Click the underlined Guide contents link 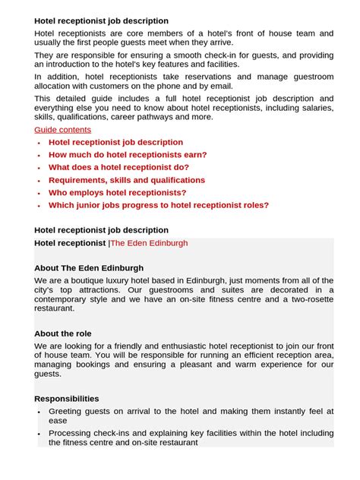(62, 130)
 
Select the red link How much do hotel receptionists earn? (128, 155)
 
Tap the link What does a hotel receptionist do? (118, 167)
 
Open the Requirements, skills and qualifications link (126, 180)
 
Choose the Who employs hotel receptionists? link (117, 193)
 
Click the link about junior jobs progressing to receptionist (158, 205)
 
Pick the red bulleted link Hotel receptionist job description (115, 142)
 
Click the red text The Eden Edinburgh (149, 243)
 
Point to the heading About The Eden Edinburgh (89, 268)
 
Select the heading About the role (63, 333)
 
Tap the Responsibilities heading (67, 399)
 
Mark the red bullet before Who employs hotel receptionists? (39, 193)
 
